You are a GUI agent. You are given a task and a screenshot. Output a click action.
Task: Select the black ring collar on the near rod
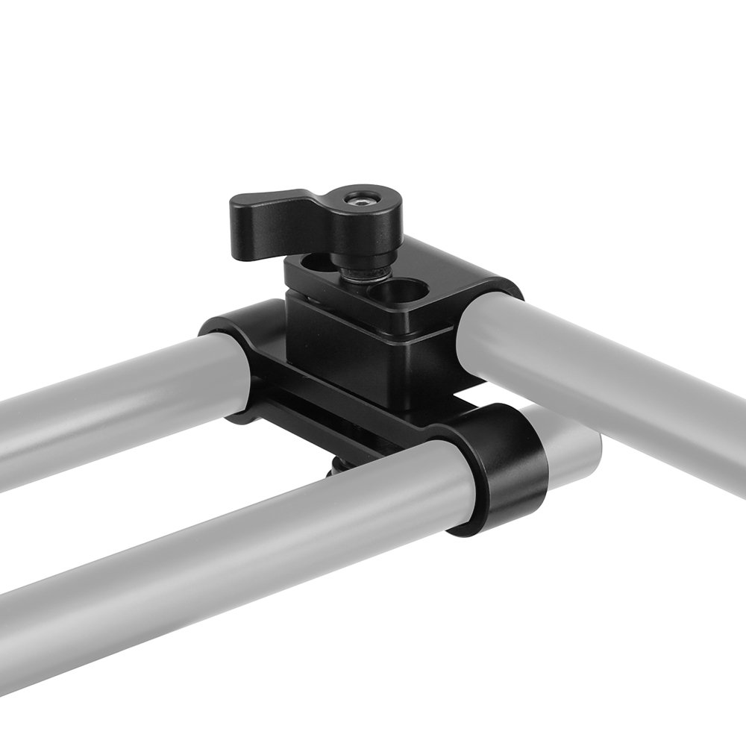point(500,470)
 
